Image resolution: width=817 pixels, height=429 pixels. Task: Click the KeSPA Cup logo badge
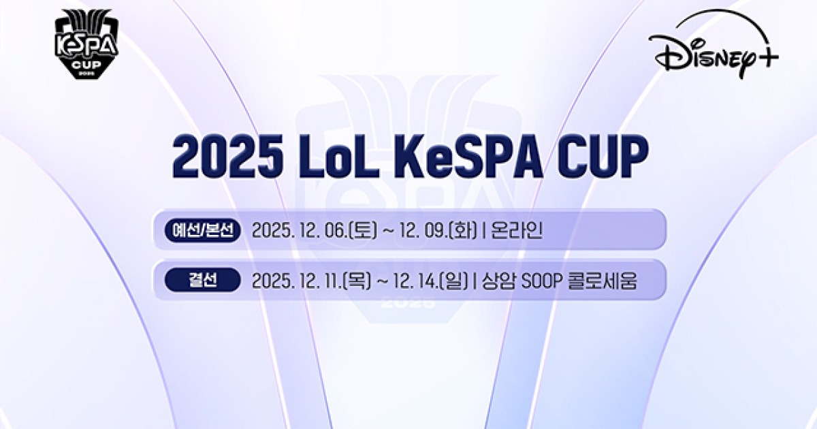point(86,42)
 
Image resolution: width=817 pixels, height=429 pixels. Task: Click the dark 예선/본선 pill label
point(203,230)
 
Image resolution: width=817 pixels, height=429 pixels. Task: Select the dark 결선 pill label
point(203,280)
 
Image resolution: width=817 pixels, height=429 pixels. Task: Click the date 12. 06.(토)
point(340,231)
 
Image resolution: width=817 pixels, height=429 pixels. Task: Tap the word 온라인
point(516,231)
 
